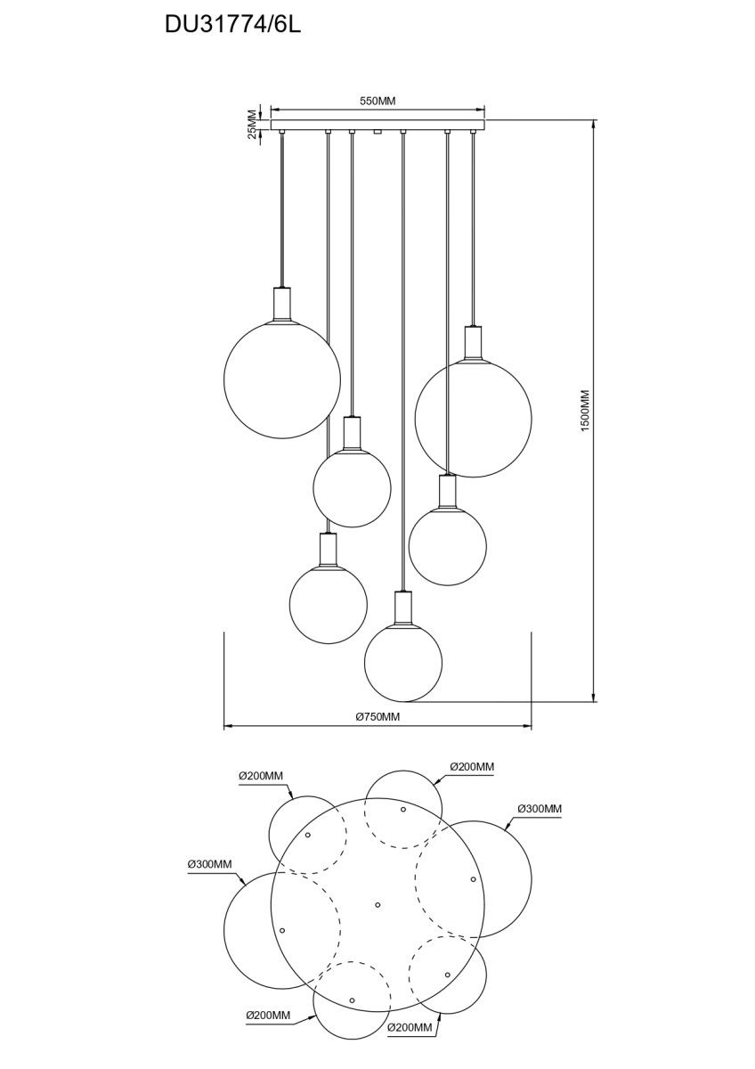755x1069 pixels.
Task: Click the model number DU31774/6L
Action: [x=232, y=25]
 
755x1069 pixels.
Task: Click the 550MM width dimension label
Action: [x=377, y=101]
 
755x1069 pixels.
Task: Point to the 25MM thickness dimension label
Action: [x=252, y=125]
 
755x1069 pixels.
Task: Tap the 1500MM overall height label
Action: [x=585, y=411]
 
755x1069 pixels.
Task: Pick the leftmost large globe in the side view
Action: [x=282, y=379]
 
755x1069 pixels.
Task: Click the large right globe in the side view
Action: [x=473, y=418]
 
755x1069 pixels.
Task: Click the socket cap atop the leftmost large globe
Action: [x=282, y=304]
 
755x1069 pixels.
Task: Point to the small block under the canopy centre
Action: [x=377, y=132]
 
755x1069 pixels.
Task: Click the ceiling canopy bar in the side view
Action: [x=377, y=125]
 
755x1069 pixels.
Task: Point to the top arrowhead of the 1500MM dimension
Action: [x=593, y=124]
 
